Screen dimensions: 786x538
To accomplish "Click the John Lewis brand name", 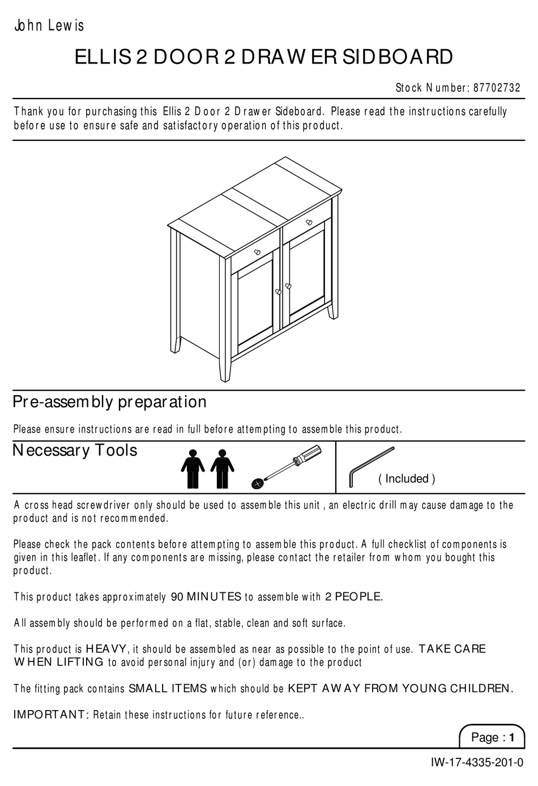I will click(x=49, y=25).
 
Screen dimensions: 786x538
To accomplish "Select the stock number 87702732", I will click(x=496, y=88).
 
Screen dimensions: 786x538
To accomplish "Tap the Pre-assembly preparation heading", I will click(x=109, y=402).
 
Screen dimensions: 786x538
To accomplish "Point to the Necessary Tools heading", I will click(x=75, y=451).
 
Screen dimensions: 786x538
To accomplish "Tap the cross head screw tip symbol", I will click(x=258, y=483).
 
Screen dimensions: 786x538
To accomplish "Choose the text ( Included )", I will click(x=407, y=479).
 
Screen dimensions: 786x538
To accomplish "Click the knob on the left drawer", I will click(x=257, y=252).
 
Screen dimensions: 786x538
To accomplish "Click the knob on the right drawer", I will click(x=309, y=223).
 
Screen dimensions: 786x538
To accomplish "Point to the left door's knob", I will click(x=278, y=292).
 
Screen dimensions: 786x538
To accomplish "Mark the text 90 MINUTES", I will click(x=206, y=597).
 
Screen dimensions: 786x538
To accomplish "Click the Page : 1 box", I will click(x=492, y=737).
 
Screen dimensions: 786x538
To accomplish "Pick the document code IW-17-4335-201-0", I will click(x=476, y=763).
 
